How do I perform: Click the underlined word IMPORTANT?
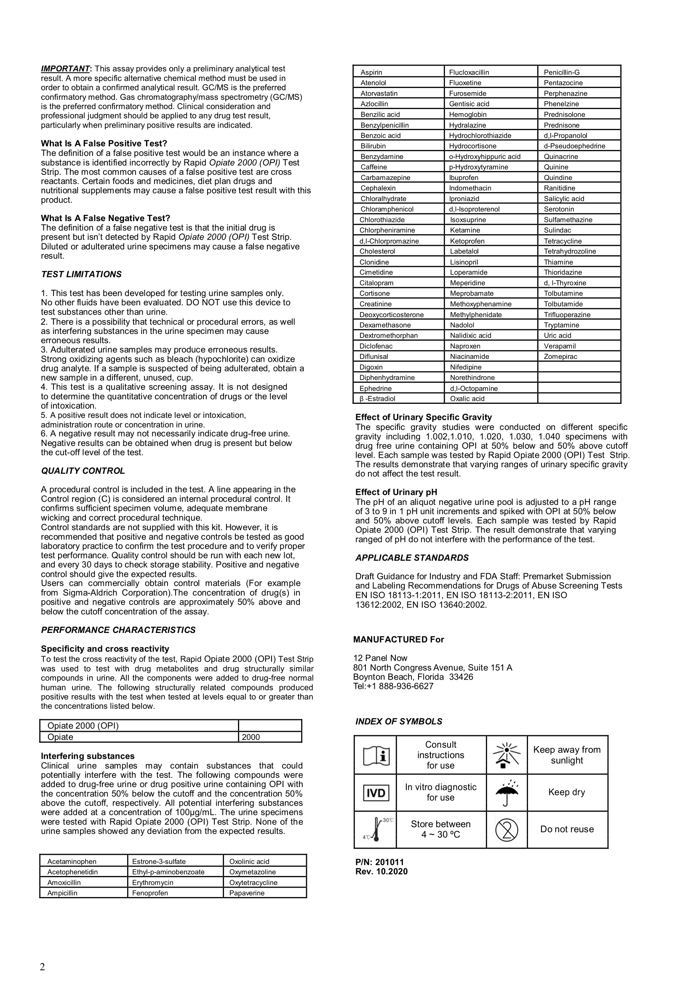(x=65, y=69)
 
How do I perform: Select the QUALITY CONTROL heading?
(x=83, y=471)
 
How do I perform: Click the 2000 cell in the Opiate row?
(x=251, y=737)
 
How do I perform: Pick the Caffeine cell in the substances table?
(x=373, y=167)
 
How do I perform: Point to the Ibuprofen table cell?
(x=464, y=178)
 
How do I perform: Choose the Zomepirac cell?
(x=560, y=357)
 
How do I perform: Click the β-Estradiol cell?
(x=377, y=398)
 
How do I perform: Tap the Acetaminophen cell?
(x=72, y=862)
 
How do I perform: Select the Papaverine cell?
(x=247, y=893)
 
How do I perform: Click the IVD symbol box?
(x=376, y=793)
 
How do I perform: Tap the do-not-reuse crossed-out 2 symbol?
(x=507, y=829)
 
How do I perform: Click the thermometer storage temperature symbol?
(x=376, y=829)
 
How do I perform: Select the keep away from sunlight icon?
(x=507, y=755)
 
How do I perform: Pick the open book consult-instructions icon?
(x=376, y=755)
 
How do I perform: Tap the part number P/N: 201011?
(x=379, y=862)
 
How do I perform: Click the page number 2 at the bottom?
(x=42, y=966)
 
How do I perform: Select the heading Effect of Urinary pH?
(x=396, y=492)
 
